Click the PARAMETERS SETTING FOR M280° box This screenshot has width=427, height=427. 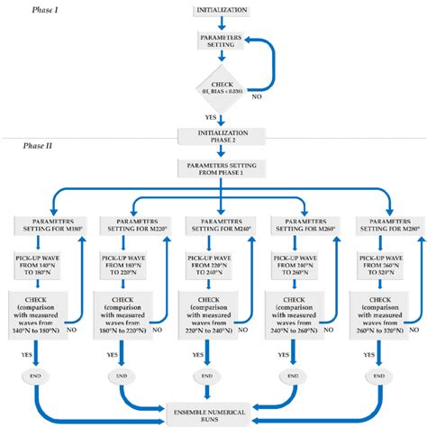(x=383, y=224)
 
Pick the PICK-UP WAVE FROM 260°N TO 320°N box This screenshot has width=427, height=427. (x=383, y=263)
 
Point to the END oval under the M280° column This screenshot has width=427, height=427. (x=383, y=374)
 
